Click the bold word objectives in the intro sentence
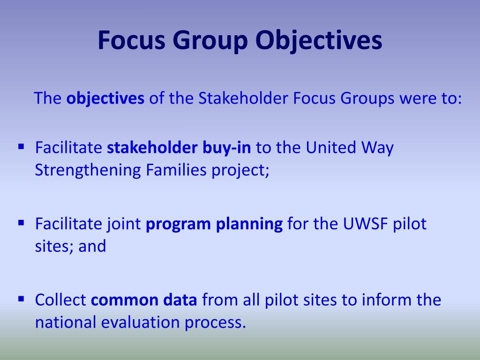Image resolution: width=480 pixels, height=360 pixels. tap(105, 99)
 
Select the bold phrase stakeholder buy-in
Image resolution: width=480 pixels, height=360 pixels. tap(179, 148)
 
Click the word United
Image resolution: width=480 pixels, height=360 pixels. tap(331, 148)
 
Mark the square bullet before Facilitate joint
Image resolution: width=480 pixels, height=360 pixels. tap(21, 222)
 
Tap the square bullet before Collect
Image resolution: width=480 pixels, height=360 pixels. tap(21, 298)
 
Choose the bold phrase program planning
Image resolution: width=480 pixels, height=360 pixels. tap(214, 225)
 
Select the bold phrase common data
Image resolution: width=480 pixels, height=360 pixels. tap(144, 300)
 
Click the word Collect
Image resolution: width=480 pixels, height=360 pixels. tap(60, 300)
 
